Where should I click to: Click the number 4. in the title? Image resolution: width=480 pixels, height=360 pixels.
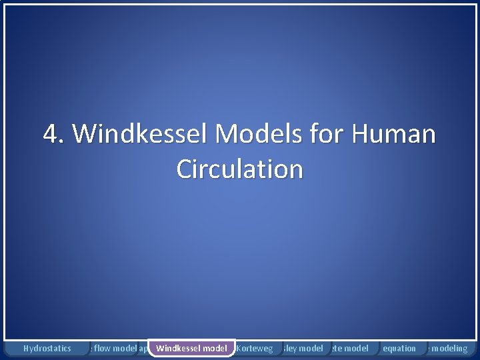coord(55,134)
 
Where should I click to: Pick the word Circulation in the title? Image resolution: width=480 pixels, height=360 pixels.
coord(239,169)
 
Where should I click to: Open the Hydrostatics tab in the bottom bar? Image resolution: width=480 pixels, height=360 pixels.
coord(47,348)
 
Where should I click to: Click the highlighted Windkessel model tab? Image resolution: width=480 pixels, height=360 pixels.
coord(191,348)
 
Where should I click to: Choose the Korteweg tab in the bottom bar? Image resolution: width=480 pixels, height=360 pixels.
coord(255,348)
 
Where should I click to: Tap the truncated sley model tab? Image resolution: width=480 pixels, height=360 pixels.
coord(303,348)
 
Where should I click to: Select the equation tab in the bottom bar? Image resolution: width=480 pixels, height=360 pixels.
coord(399,348)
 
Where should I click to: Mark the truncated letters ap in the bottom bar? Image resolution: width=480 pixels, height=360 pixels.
coord(143,349)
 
